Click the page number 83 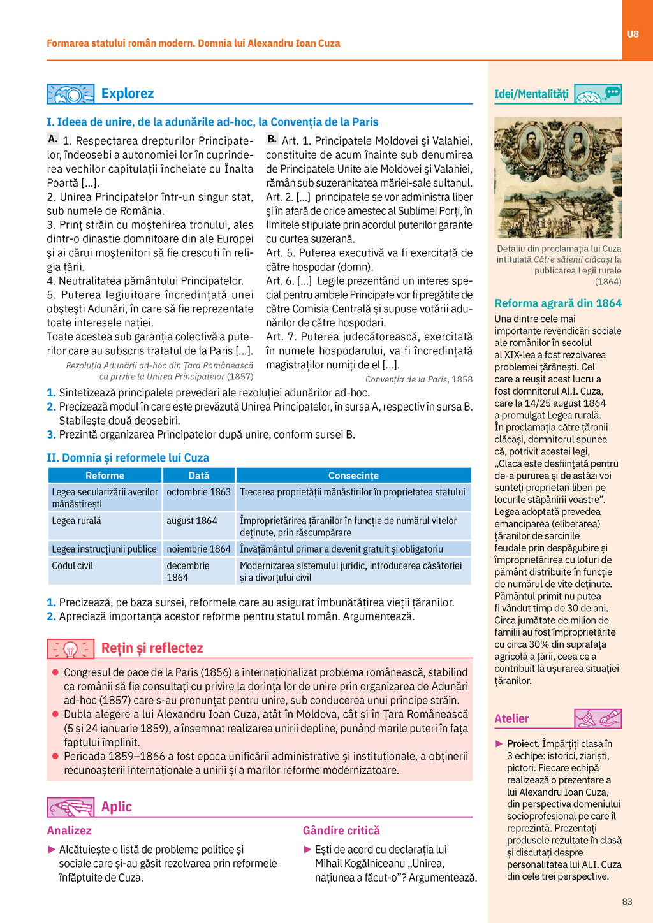[627, 901]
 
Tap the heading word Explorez [128, 94]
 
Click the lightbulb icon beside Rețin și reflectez [71, 649]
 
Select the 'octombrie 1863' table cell [198, 492]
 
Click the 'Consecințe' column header [353, 476]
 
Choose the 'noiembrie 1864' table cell [198, 549]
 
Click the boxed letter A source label [53, 139]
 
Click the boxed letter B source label [272, 139]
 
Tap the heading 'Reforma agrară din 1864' [558, 303]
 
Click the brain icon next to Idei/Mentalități [598, 94]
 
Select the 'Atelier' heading [511, 719]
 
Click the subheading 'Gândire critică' [341, 831]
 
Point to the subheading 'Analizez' [69, 831]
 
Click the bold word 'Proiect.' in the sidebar [523, 744]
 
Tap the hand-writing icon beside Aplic [71, 807]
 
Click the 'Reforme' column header [105, 476]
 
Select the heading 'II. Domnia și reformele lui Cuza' [128, 458]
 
